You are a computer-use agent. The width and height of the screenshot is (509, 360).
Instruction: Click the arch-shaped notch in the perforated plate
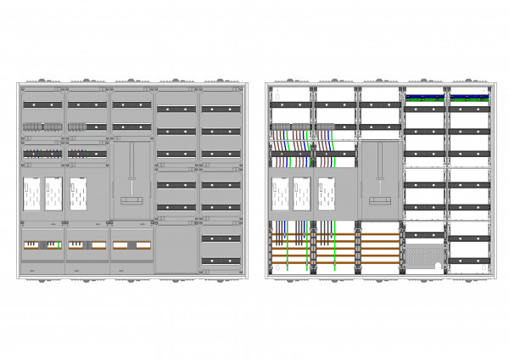coord(438,266)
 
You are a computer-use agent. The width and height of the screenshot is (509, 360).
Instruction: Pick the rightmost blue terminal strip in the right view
coord(469,97)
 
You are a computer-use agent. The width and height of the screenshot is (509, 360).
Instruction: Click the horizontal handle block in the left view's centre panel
coord(131,200)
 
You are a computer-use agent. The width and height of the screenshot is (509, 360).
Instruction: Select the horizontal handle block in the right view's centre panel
coord(380,200)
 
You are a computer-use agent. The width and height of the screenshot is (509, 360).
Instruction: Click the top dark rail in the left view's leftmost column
coord(42,104)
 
